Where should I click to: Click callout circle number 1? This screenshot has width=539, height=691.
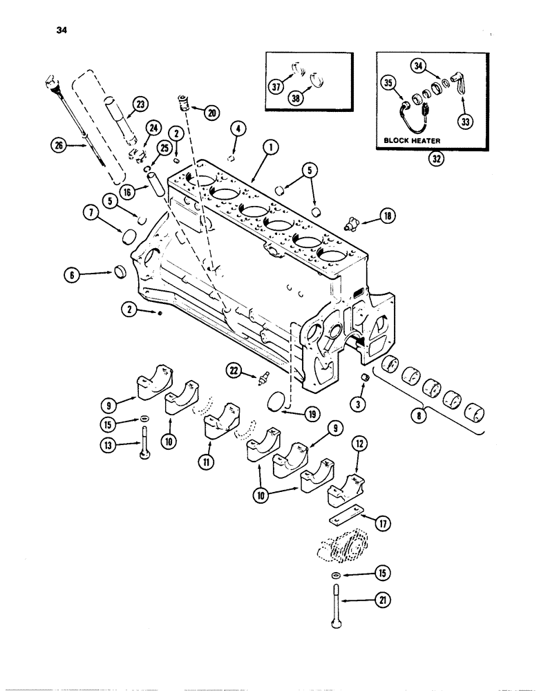point(270,146)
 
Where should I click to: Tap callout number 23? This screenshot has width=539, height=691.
point(140,104)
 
